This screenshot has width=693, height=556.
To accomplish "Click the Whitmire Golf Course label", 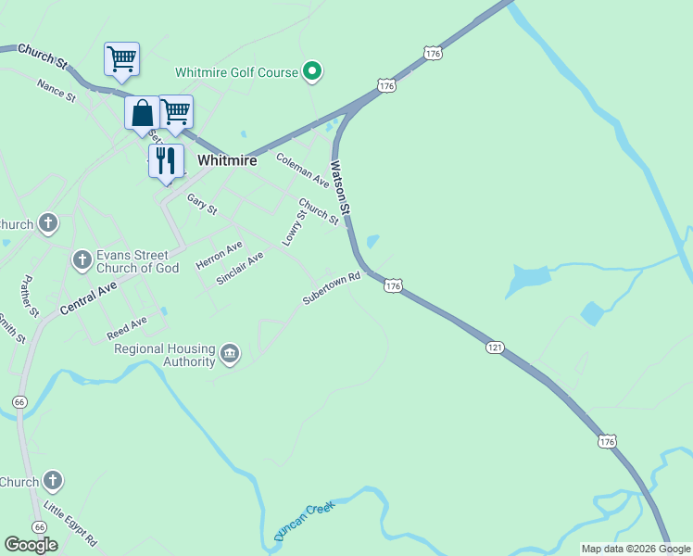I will pos(237,72).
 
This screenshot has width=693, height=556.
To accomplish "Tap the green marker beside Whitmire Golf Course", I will pos(313,70).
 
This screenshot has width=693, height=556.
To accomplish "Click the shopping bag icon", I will pos(143,114).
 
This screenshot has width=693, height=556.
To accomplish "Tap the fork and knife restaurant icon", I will pos(166,160).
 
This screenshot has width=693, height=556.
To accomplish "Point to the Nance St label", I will pos(56,90).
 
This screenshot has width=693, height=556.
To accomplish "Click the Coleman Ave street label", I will pos(303,170).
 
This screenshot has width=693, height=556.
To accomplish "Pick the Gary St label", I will pos(201,204).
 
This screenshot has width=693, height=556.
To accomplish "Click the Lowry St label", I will pos(295,228).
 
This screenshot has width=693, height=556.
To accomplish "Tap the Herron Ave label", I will pos(219,255).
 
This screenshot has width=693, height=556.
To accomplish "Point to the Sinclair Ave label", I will pos(240,268).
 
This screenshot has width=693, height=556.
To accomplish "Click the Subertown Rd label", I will pos(331,288).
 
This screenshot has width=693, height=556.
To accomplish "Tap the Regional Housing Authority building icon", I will pos(229,353).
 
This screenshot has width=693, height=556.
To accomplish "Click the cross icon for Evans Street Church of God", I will pos(82,261).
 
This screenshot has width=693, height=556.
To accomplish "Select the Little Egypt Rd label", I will pos(70,524).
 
